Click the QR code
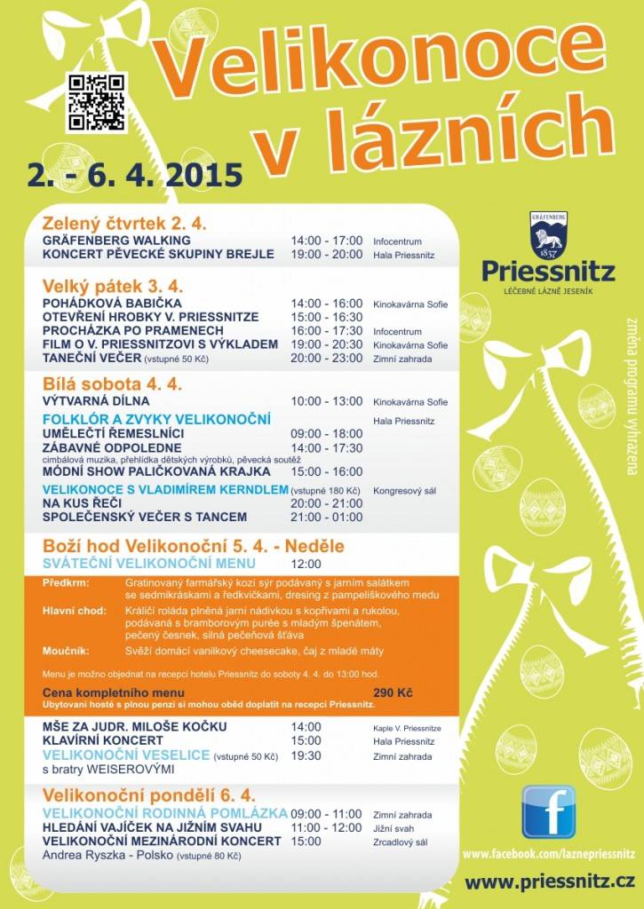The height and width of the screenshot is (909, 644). [97, 102]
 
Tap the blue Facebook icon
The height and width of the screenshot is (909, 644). [548, 811]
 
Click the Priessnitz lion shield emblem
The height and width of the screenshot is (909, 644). [548, 236]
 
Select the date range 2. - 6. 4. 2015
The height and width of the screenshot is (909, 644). [135, 173]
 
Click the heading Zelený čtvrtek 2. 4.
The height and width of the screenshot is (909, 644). [124, 223]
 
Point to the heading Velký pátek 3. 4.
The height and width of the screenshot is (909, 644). [113, 286]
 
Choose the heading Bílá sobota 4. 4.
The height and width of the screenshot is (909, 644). [112, 383]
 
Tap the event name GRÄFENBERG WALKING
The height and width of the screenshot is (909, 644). [116, 241]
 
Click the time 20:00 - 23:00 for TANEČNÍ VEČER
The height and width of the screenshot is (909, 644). [327, 358]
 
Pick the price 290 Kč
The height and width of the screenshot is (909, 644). [392, 692]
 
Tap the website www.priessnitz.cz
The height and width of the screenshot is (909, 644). [549, 881]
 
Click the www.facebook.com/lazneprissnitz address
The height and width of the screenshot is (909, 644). [548, 854]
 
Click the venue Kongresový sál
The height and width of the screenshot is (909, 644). [405, 490]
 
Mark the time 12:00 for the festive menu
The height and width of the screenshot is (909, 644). [306, 564]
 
